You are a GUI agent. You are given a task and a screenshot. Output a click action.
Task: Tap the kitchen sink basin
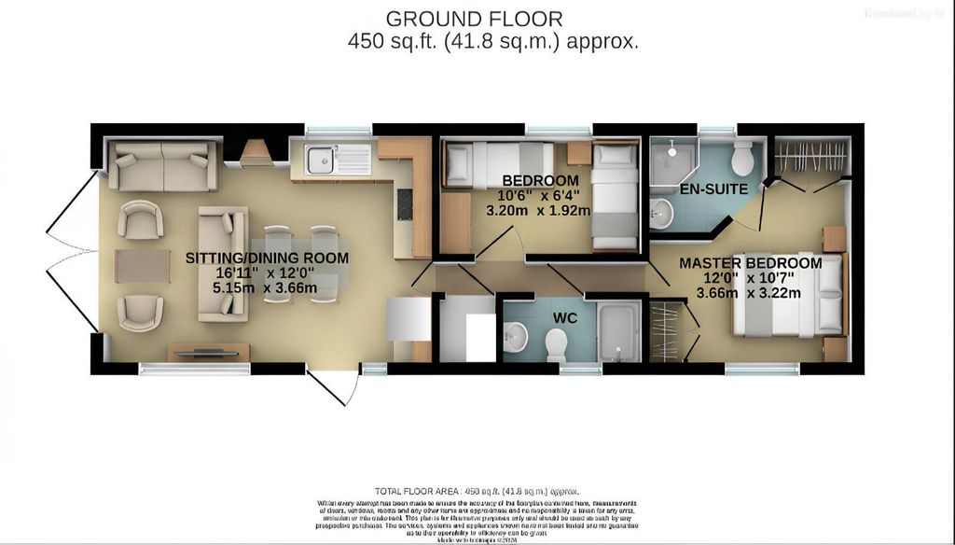(x=320, y=161)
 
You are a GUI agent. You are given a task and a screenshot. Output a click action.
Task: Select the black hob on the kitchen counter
(x=405, y=203)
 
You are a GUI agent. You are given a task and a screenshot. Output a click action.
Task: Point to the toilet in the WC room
(x=556, y=345)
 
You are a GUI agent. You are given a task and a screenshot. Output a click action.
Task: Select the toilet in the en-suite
(x=743, y=159)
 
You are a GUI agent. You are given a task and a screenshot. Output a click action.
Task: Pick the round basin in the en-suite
(x=661, y=213)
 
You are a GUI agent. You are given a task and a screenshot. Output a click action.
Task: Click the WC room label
(x=565, y=318)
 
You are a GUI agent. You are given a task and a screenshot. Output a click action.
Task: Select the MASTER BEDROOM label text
(x=750, y=264)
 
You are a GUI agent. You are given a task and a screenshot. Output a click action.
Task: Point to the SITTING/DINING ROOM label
(x=267, y=259)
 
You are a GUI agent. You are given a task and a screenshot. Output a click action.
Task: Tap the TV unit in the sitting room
(x=209, y=352)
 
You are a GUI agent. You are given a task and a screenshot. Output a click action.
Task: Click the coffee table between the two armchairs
(x=143, y=265)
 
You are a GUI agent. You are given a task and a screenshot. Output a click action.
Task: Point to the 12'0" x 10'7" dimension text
(x=750, y=278)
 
